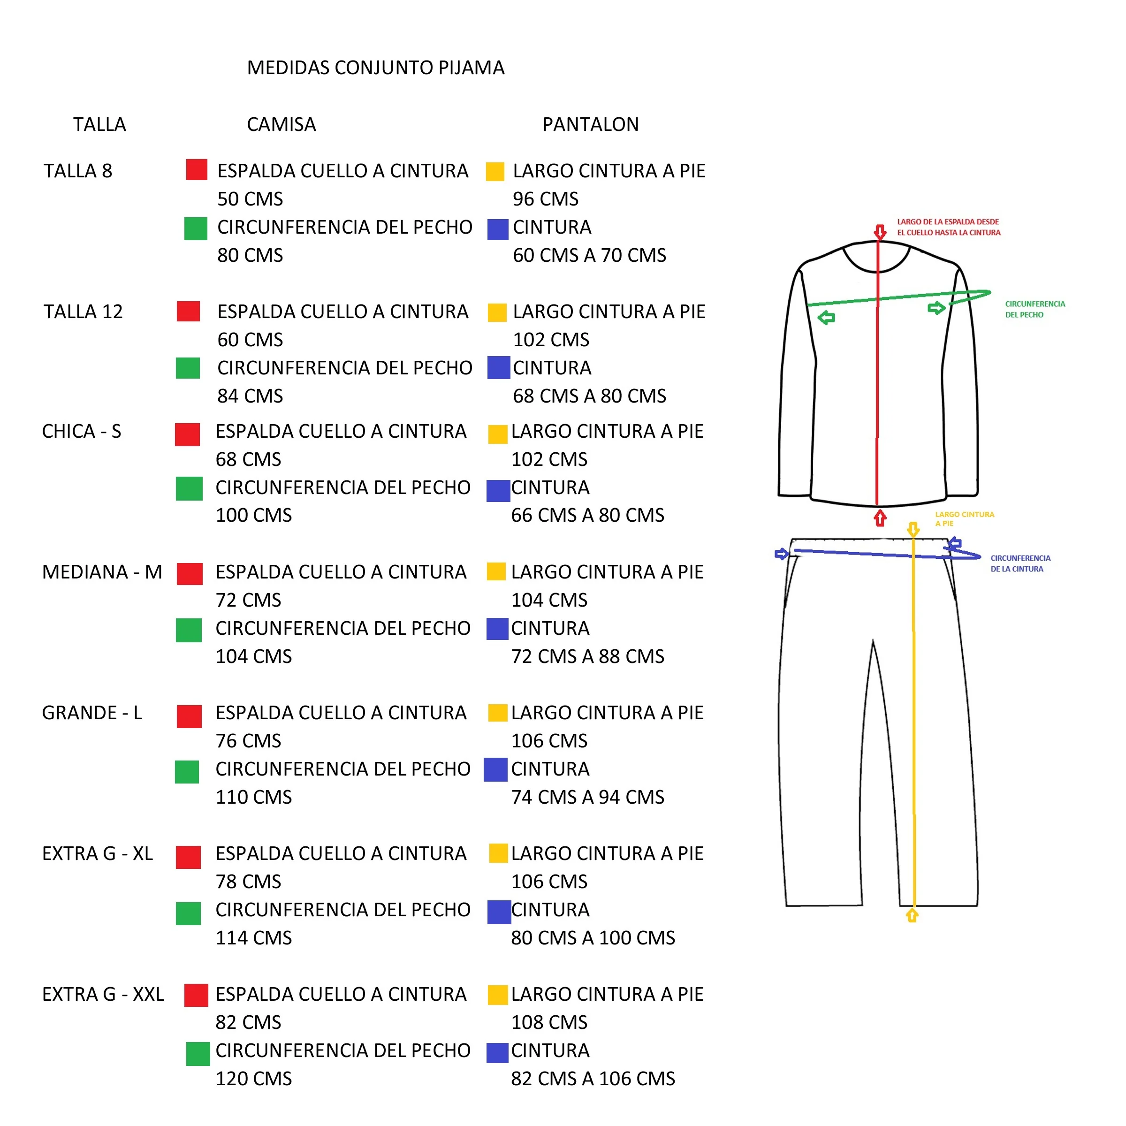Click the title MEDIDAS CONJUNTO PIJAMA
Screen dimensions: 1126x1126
tap(375, 68)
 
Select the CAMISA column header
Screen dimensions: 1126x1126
tap(281, 124)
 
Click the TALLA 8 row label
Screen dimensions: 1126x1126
tap(77, 171)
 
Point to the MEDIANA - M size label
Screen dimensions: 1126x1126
tap(102, 572)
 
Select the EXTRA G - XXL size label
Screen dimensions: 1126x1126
tap(103, 994)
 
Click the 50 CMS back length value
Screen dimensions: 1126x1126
tap(250, 199)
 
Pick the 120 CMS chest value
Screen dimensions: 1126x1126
tap(253, 1078)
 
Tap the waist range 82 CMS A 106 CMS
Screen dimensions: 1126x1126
tap(593, 1078)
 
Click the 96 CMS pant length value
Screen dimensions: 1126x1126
tap(546, 199)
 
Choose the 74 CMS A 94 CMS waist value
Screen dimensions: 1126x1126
tap(587, 797)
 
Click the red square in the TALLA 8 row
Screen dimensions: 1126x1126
tap(197, 169)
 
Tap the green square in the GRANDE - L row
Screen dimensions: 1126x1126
tap(187, 772)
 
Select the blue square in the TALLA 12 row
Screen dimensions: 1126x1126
tap(498, 367)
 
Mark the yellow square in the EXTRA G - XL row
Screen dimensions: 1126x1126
tap(498, 853)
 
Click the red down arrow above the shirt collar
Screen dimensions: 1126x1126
tap(880, 232)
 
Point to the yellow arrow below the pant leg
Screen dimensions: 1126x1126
tap(912, 915)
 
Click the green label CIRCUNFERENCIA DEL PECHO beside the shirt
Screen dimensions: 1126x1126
tap(1035, 309)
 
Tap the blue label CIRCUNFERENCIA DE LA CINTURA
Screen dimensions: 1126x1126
tap(1020, 563)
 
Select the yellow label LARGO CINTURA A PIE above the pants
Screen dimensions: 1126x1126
tap(965, 519)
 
